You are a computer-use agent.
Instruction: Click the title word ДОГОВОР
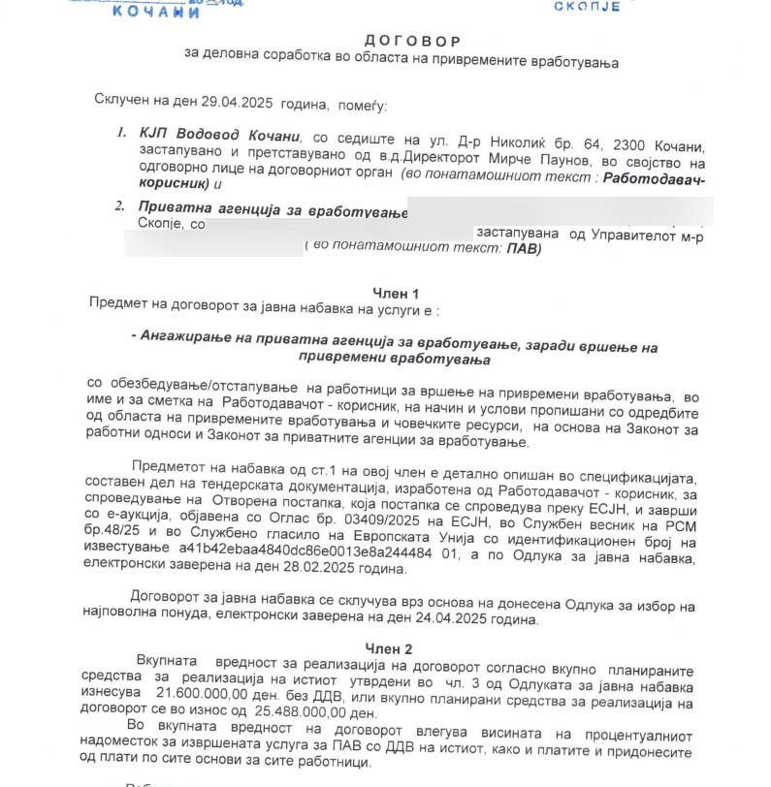[x=413, y=41]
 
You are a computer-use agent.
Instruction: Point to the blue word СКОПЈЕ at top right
[x=586, y=7]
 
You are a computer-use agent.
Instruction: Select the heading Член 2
[x=389, y=647]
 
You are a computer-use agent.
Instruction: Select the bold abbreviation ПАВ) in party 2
[x=524, y=248]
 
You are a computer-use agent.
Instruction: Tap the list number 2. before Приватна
[x=119, y=205]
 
